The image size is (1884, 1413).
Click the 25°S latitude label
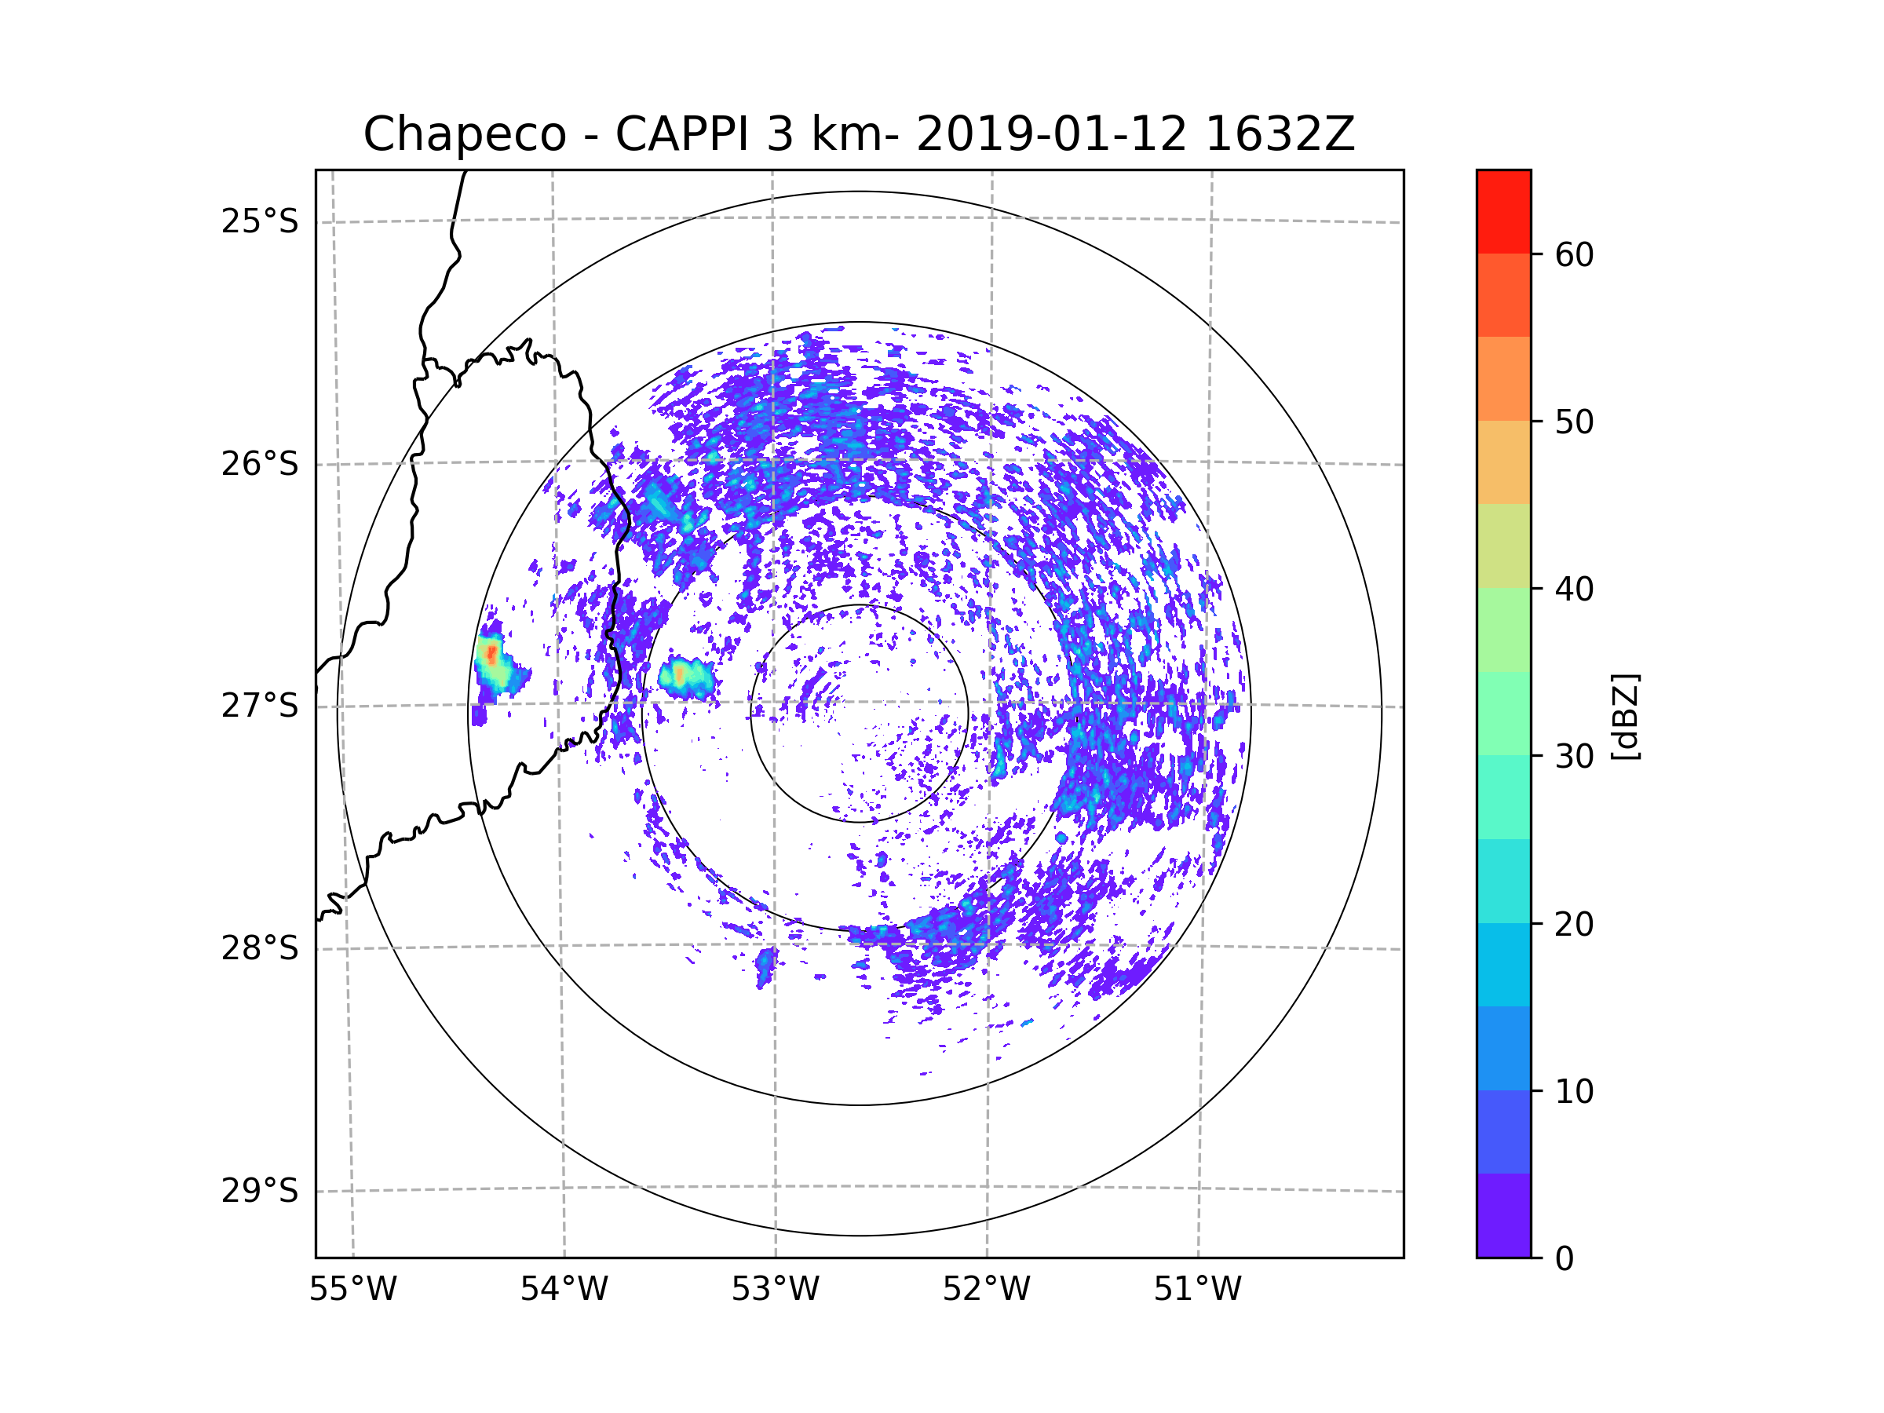(x=260, y=221)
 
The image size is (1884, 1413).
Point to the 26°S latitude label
(x=260, y=464)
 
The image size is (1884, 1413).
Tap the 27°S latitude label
(x=260, y=706)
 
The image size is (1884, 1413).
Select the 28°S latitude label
(x=260, y=948)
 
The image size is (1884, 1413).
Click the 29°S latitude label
(x=260, y=1191)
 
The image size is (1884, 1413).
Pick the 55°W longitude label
(x=352, y=1290)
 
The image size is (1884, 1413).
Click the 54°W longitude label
(x=564, y=1290)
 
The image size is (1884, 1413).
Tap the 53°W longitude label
(x=775, y=1290)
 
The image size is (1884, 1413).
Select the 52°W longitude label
(x=986, y=1290)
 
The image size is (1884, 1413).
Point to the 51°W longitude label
(x=1197, y=1290)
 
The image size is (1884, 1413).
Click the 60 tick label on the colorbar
(x=1574, y=254)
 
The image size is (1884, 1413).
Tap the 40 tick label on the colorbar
(x=1574, y=590)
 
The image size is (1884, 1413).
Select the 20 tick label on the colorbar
(x=1574, y=924)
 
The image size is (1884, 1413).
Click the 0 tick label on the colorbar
(x=1565, y=1259)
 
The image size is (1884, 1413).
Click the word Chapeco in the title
(x=464, y=134)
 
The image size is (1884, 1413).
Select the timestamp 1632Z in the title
(x=1280, y=134)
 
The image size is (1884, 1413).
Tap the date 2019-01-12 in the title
(x=1051, y=134)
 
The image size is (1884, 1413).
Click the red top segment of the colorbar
(x=1503, y=211)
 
